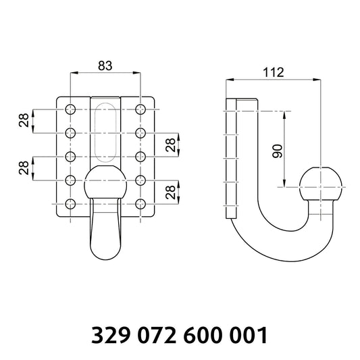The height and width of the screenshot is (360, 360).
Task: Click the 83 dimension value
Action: point(105,66)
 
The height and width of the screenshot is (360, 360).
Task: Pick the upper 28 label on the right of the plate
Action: point(172,145)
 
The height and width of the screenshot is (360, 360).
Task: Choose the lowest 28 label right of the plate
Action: point(172,192)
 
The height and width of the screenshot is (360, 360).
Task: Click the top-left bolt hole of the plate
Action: point(70,109)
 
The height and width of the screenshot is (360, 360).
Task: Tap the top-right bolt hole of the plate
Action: point(140,109)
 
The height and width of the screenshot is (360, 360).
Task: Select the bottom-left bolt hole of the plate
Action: point(70,204)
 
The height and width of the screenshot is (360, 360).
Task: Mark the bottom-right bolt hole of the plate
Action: point(140,204)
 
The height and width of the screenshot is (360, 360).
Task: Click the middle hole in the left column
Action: point(70,157)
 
